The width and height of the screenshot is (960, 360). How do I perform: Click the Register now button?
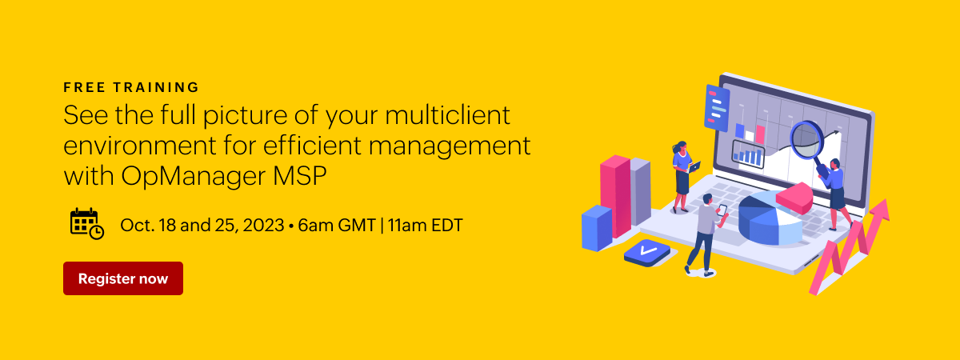pos(123,278)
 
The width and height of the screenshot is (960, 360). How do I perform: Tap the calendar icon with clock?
pos(87,224)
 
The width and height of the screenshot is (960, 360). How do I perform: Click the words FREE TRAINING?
pos(131,87)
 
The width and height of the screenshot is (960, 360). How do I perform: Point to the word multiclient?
pos(447,115)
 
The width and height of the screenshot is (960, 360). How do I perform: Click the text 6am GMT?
pos(337,226)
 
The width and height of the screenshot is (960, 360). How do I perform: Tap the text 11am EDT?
pos(426,226)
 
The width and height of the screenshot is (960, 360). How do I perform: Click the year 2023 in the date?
pos(263,226)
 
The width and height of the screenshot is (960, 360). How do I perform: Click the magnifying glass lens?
pos(806,140)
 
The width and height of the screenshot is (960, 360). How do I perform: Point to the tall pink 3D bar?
pos(615,196)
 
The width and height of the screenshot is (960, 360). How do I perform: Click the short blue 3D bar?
pos(597,228)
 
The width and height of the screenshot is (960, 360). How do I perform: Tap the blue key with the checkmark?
pos(647,253)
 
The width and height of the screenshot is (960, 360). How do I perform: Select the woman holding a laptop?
pos(683,177)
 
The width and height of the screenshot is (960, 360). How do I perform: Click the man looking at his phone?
pos(706,234)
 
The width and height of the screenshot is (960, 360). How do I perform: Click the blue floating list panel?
pos(717,108)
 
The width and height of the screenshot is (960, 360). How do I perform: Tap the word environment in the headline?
pos(140,146)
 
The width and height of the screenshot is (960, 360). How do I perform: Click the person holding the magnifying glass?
pos(836,194)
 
